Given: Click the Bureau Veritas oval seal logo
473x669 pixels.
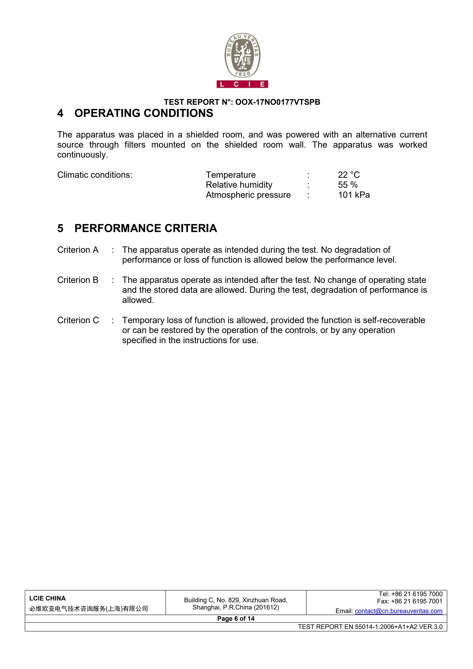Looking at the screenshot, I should coord(242,55).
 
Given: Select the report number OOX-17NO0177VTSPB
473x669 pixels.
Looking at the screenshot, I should coord(278,102).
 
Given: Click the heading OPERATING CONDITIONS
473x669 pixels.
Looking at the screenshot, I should coord(144,113).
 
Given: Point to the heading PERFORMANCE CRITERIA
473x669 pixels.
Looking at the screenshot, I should coord(146,228).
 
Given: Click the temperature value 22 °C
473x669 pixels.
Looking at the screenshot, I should coord(349,175).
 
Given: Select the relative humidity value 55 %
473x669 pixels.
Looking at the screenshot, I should coord(348,185).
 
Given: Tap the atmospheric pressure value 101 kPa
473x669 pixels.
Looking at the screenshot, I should coord(354,195).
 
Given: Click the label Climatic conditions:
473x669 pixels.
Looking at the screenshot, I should coord(95,175).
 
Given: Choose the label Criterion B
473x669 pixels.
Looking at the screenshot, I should coord(78,280).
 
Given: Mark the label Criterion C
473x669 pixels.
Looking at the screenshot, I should coord(78,320).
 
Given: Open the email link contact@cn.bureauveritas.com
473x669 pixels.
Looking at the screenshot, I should coord(398,611).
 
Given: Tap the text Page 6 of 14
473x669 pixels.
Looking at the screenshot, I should coord(236,619).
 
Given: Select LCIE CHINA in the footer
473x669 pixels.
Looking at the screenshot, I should coord(47,598).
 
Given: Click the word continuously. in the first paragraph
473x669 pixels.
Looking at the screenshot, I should coord(82,155).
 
